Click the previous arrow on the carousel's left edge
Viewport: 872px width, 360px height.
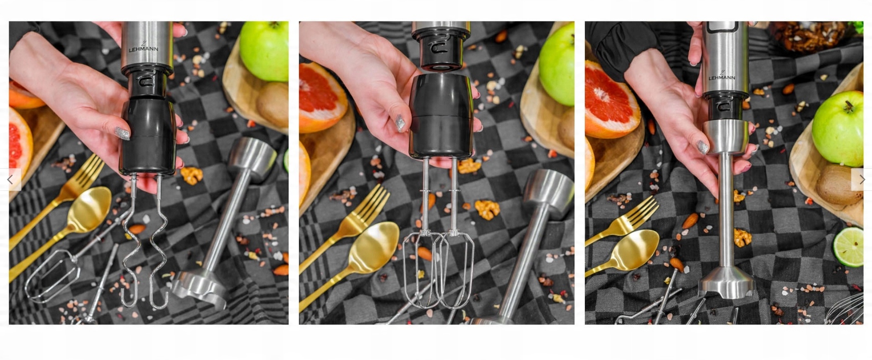(x=10, y=180)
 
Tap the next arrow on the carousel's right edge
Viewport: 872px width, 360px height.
(x=862, y=180)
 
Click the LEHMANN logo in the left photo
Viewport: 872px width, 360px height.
(x=143, y=46)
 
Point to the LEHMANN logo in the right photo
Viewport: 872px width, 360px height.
(x=722, y=75)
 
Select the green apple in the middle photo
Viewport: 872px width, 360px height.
(x=557, y=64)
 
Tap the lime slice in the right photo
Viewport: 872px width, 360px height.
(x=848, y=247)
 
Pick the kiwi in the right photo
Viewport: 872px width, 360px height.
(x=840, y=185)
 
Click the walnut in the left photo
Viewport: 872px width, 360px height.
(x=191, y=175)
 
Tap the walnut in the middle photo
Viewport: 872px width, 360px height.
(x=487, y=209)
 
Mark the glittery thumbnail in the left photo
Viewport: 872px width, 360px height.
(x=122, y=133)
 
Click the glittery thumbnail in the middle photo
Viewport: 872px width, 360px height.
(x=400, y=123)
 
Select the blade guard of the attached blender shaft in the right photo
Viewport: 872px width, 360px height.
(x=727, y=283)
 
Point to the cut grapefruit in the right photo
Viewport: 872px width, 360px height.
(x=611, y=100)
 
